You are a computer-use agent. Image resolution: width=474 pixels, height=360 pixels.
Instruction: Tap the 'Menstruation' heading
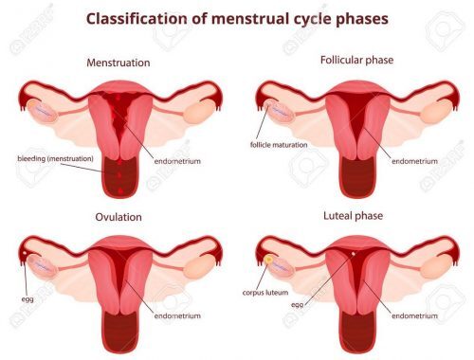click(x=118, y=63)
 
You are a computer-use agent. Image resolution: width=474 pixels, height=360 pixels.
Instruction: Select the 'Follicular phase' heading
click(x=356, y=61)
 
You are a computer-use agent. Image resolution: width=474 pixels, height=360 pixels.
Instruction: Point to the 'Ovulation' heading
click(x=118, y=217)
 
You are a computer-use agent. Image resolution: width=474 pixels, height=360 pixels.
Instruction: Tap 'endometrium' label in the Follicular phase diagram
click(x=414, y=161)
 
